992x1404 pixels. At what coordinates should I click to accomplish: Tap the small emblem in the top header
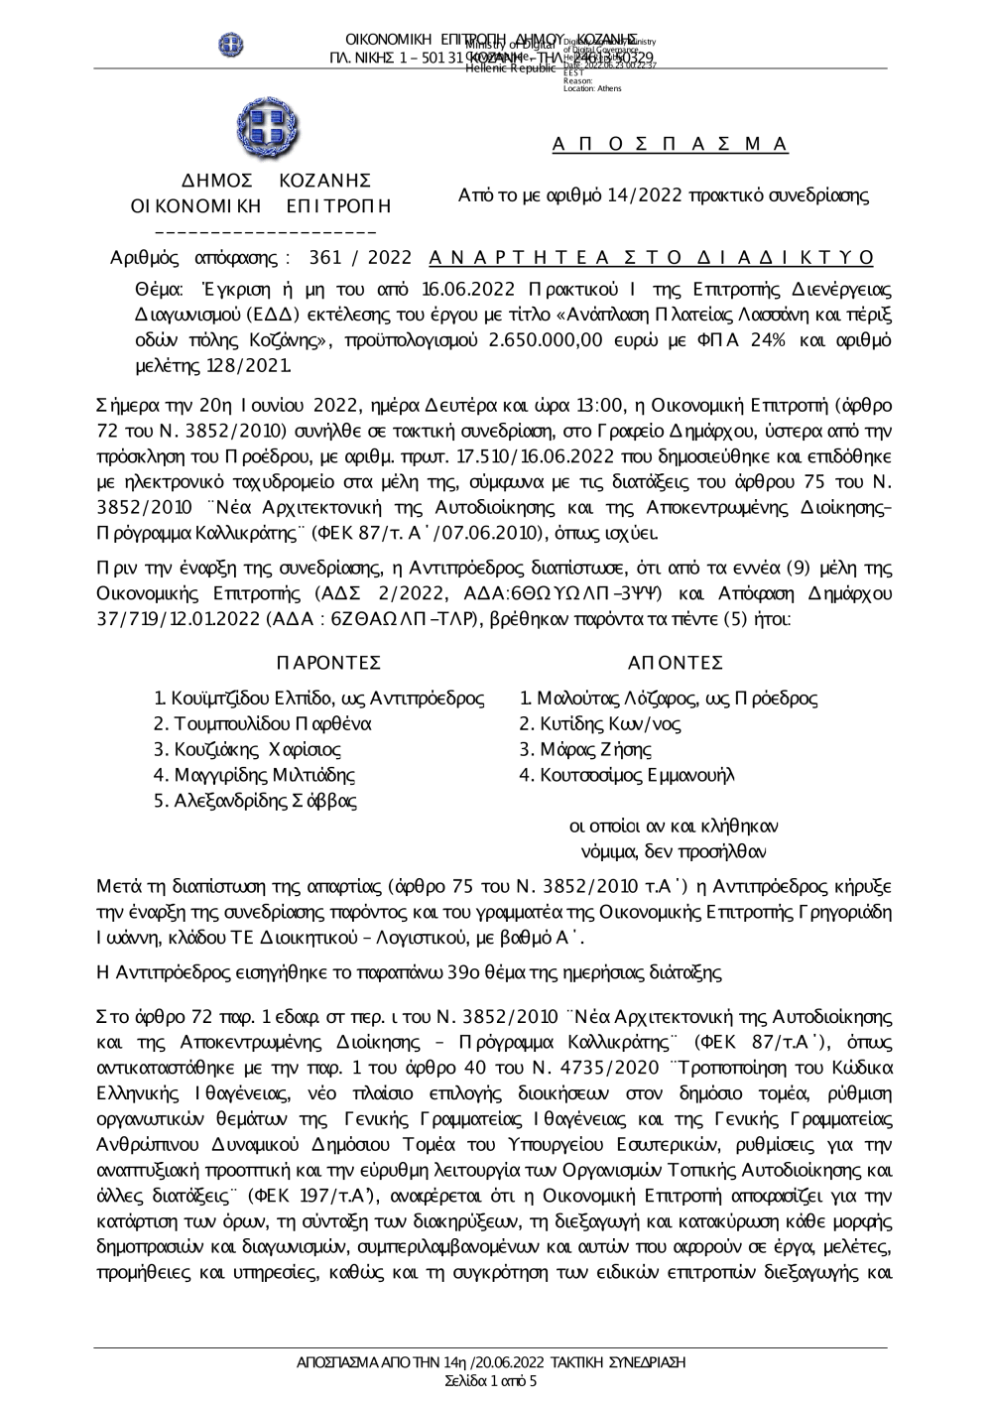coord(231,45)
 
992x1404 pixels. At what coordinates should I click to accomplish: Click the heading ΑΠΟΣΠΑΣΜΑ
coord(670,145)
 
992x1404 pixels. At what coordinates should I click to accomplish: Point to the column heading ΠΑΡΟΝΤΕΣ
coord(327,663)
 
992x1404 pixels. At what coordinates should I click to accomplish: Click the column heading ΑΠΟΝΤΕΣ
coord(675,663)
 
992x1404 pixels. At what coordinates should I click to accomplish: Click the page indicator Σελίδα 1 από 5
coord(491,1380)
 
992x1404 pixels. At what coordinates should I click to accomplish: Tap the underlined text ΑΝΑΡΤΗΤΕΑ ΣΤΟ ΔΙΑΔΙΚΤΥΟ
coord(652,258)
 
